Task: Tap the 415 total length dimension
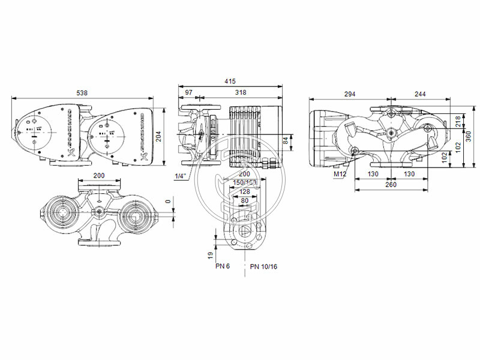pos(230,81)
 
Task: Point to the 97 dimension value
pos(188,93)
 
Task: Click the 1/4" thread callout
pos(180,176)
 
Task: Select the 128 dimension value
pos(244,191)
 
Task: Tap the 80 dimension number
pos(244,201)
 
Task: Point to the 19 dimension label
pos(211,255)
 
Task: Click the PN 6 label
pos(223,266)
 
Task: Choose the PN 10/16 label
pos(265,266)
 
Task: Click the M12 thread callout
pos(341,175)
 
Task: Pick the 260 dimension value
pos(390,184)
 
